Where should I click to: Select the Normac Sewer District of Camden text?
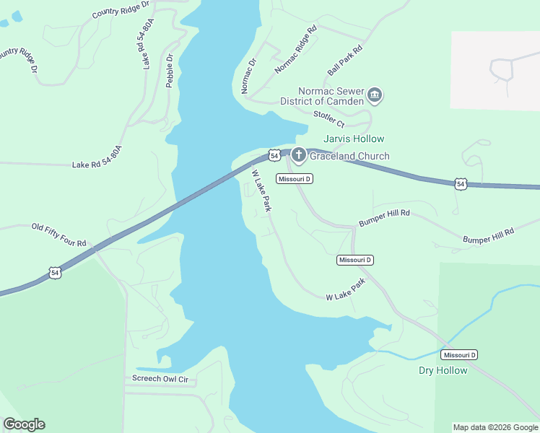(322, 97)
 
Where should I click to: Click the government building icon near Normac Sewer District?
(375, 95)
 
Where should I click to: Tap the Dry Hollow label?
(443, 370)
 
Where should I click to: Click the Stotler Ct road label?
(328, 118)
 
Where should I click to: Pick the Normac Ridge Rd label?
(296, 51)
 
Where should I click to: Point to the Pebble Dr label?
(170, 71)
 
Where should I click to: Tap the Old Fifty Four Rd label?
(58, 235)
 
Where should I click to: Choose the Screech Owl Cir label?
(160, 378)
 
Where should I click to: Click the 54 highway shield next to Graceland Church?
(274, 155)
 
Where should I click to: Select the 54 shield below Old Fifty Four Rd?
(56, 272)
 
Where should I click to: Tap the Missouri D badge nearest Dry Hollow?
(459, 355)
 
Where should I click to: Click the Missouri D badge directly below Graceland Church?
(294, 178)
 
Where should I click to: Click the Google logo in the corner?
(24, 424)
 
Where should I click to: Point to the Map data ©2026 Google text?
(495, 427)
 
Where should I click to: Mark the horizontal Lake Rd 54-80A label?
(97, 165)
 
